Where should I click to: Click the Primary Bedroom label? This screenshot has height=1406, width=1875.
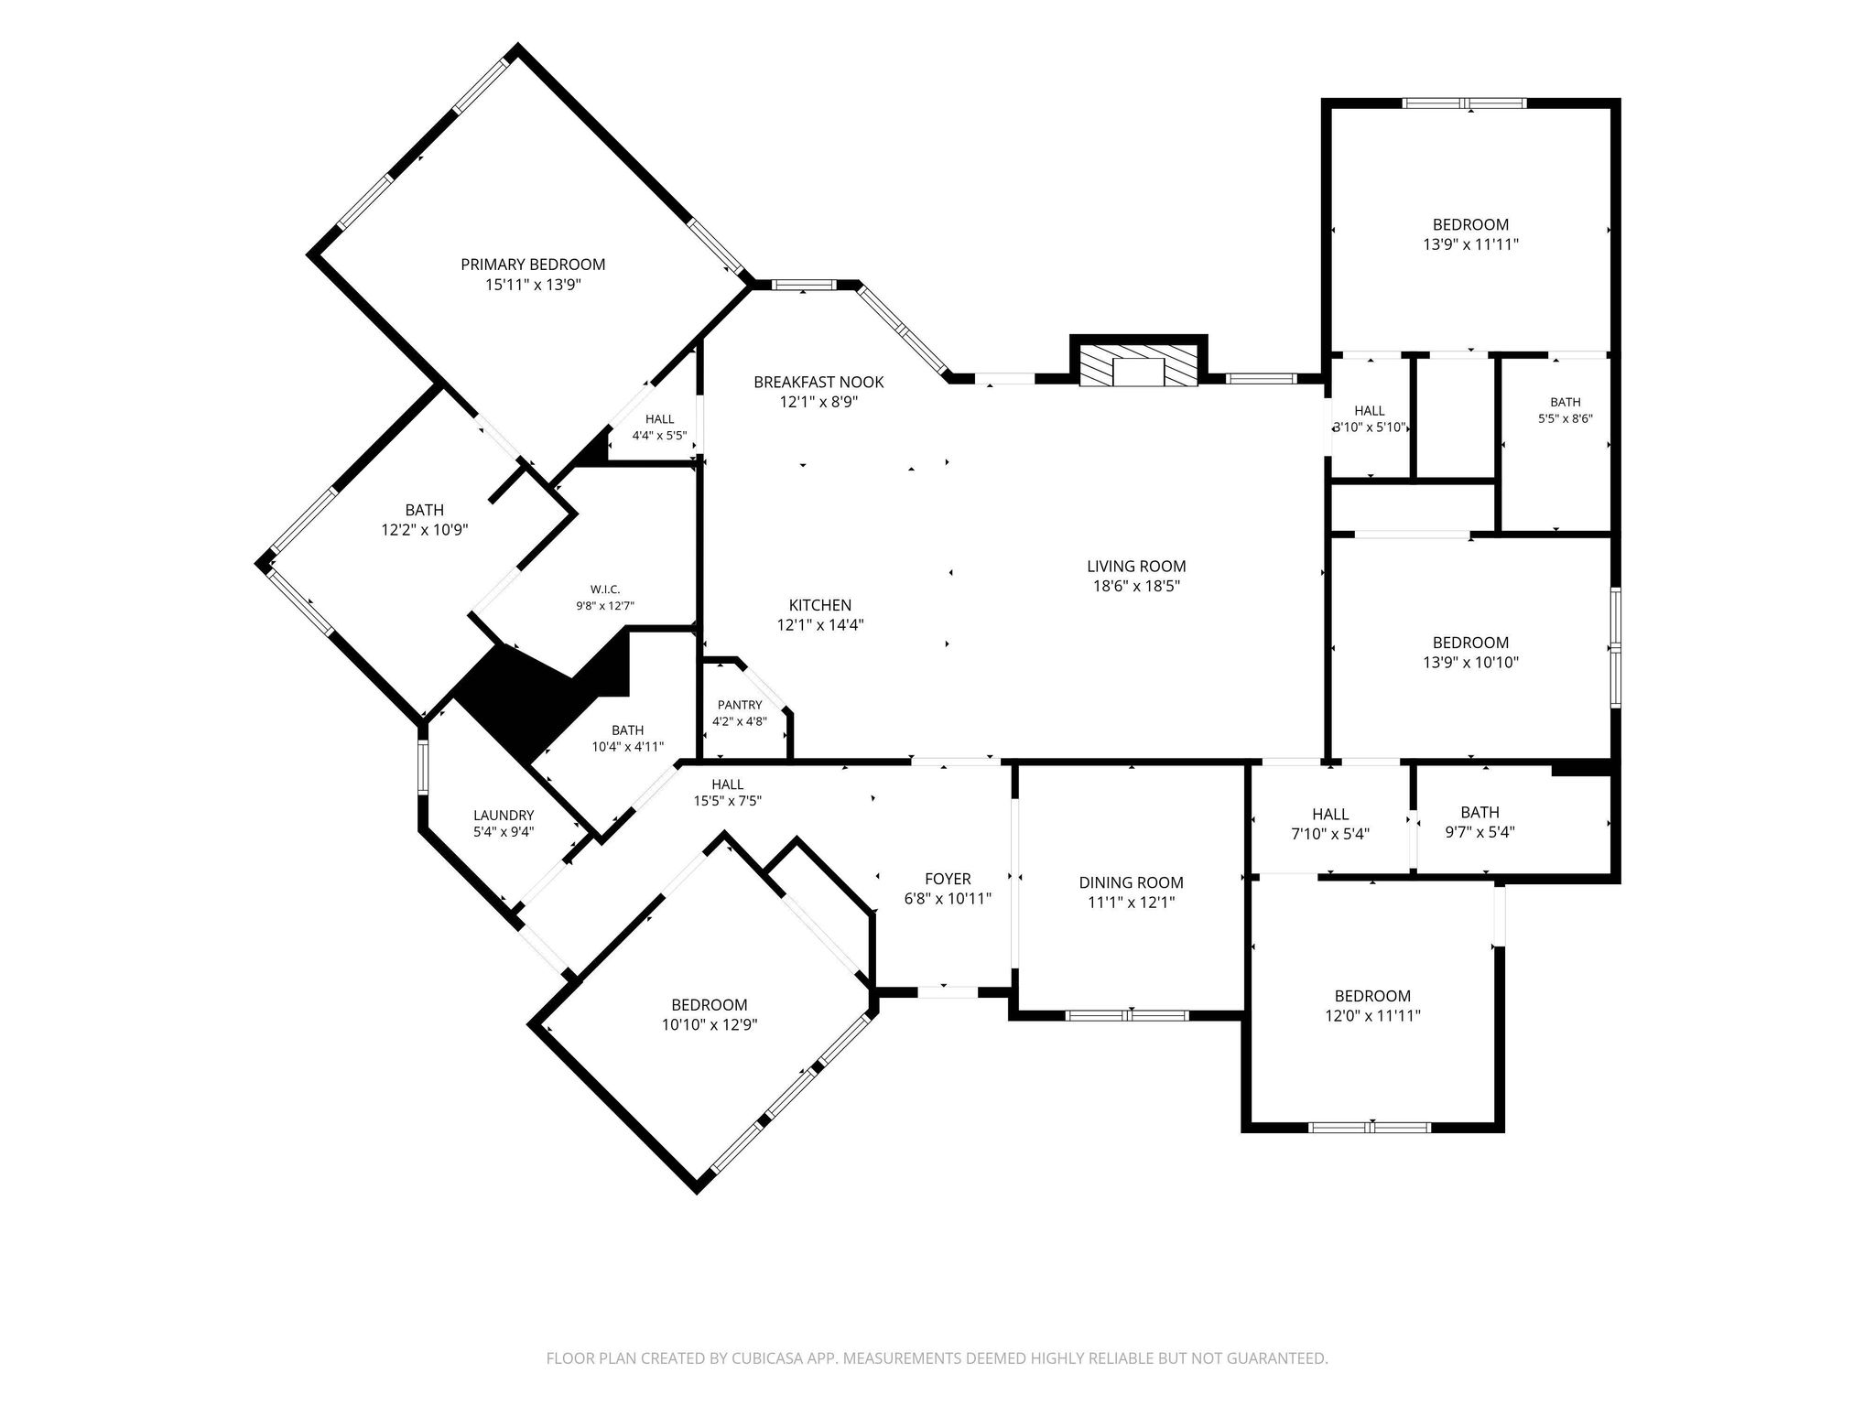(533, 265)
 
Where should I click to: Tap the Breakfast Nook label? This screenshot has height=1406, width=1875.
(819, 382)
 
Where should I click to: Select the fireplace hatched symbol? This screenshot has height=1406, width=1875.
(1139, 366)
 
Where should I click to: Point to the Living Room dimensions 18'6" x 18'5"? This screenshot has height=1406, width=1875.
(1136, 587)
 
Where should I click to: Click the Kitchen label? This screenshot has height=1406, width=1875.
(820, 605)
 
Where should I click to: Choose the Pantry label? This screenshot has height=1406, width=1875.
(740, 705)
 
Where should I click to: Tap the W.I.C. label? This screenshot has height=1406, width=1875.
(605, 589)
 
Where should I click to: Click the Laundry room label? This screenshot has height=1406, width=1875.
(504, 816)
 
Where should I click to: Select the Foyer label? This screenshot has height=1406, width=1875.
(948, 879)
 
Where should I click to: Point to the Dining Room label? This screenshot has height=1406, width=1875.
(1132, 882)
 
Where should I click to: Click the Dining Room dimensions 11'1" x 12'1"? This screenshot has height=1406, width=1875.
(1132, 903)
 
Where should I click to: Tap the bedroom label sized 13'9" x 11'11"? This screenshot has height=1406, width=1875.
(1471, 224)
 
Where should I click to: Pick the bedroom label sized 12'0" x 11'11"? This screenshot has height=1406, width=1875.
(1372, 996)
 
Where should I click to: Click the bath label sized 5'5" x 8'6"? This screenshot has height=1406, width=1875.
(1566, 402)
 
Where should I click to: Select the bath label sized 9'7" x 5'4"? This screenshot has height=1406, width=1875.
(1480, 812)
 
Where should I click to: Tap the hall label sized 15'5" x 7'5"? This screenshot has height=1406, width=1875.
(728, 784)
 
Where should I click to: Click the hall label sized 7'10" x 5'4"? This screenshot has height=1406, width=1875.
(1330, 814)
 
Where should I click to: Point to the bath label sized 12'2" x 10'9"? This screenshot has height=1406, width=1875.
(425, 510)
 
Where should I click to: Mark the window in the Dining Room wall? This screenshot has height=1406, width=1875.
(1128, 1014)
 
